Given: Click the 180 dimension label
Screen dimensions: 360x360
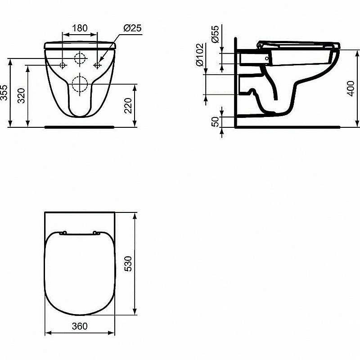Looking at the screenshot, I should click(x=80, y=28).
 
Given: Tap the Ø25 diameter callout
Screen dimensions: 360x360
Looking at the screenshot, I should click(x=132, y=28).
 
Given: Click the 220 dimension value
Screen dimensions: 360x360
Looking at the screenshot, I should click(x=128, y=105).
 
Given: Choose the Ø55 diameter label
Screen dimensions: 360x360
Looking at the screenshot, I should click(x=215, y=34).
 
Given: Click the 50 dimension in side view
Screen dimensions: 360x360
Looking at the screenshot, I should click(x=215, y=121).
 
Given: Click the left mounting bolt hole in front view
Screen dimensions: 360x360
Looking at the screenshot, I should click(x=63, y=65).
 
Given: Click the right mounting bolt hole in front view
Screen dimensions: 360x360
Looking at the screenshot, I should click(x=97, y=65).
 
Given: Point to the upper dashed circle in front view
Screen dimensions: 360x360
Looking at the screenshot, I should click(x=80, y=58).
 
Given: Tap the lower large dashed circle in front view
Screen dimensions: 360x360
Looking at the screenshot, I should click(x=80, y=83).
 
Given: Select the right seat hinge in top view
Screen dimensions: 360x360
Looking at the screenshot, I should click(x=96, y=233).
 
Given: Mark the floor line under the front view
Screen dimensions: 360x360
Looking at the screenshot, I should click(x=80, y=127).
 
